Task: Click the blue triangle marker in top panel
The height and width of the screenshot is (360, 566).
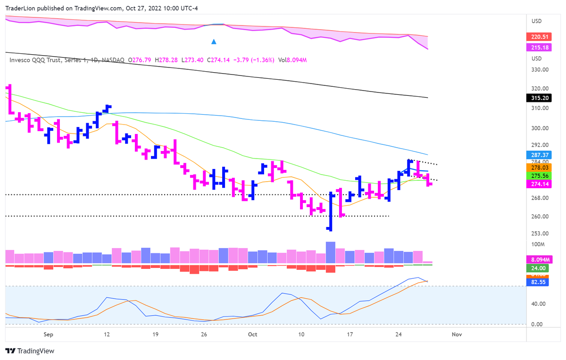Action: tap(214, 42)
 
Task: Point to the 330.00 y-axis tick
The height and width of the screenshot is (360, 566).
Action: tap(540, 70)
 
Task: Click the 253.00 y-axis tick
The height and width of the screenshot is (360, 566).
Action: tap(540, 234)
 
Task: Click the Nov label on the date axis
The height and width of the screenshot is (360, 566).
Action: tap(456, 335)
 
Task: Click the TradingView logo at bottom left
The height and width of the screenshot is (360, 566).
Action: tap(30, 351)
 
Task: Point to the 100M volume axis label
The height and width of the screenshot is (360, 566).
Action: tap(538, 244)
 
